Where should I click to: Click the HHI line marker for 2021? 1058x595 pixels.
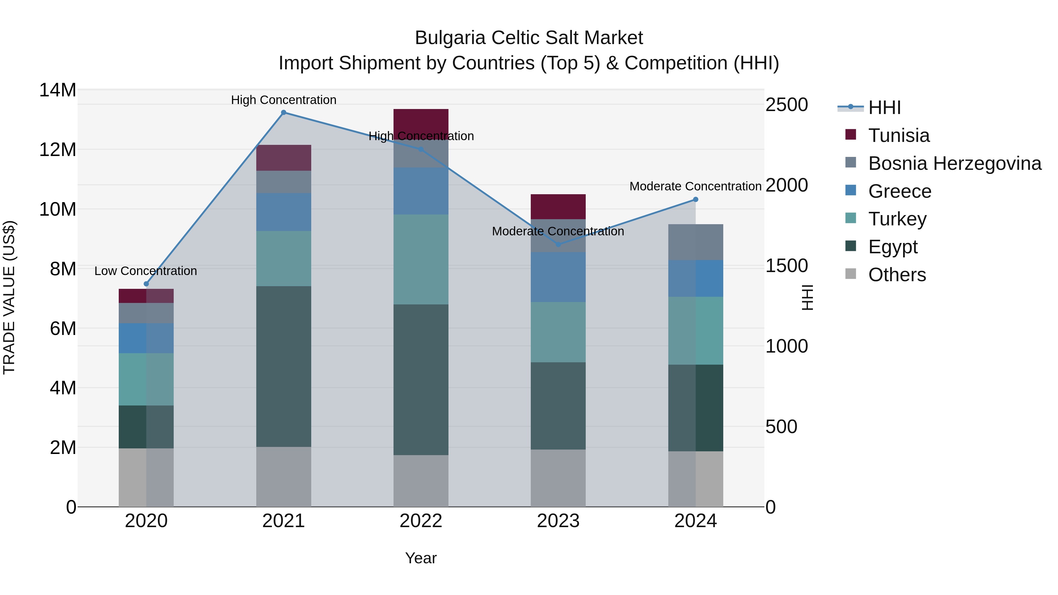[x=283, y=113]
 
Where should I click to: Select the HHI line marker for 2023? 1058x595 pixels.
[x=558, y=245]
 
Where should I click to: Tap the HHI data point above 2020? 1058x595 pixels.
[x=146, y=284]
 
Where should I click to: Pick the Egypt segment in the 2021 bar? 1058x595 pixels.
[x=283, y=366]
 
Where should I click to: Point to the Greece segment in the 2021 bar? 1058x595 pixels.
[x=283, y=212]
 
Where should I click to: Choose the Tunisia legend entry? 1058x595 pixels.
[x=899, y=135]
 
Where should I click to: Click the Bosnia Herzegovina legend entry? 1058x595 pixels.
[x=955, y=163]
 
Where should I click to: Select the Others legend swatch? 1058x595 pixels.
[x=851, y=274]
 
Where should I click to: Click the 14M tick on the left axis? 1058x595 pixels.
[x=58, y=90]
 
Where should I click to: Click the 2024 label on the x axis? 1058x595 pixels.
[x=695, y=521]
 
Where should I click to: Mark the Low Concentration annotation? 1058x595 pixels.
[x=146, y=271]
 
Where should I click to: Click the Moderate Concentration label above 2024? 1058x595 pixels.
[x=695, y=186]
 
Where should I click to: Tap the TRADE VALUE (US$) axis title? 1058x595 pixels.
[x=9, y=297]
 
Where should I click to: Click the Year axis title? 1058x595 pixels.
[x=421, y=558]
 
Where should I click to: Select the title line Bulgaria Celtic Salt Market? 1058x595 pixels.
[x=529, y=38]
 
